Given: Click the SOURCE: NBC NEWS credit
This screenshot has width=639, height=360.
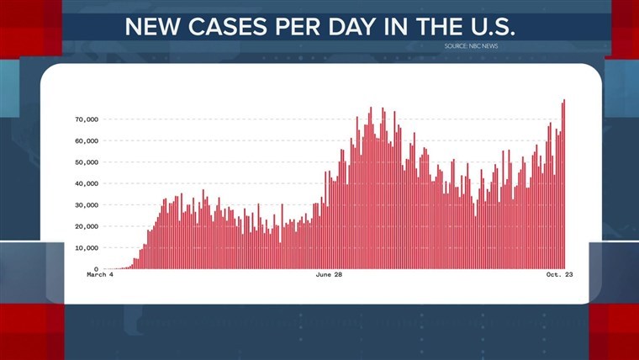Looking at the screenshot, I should (x=472, y=45).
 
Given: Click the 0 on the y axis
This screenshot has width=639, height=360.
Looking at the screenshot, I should (x=96, y=269).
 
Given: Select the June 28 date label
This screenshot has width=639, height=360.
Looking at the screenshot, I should (x=330, y=275).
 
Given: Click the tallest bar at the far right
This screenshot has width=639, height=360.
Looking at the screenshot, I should (x=564, y=184).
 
